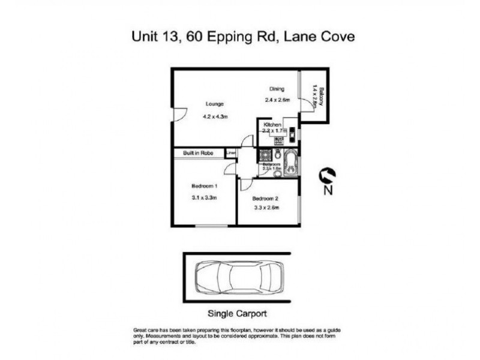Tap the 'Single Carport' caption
point(236,313)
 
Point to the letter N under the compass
point(328,191)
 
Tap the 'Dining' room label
point(277,89)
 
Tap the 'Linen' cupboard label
point(231,153)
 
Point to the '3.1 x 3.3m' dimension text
point(204,197)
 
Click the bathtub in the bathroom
point(292,163)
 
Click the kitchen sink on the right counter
point(292,133)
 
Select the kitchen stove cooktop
point(279,142)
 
